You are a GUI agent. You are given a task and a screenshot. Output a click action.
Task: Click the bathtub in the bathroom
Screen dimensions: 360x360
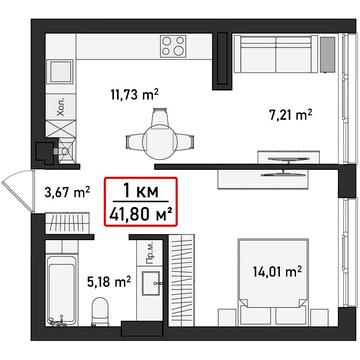(x=62, y=282)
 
